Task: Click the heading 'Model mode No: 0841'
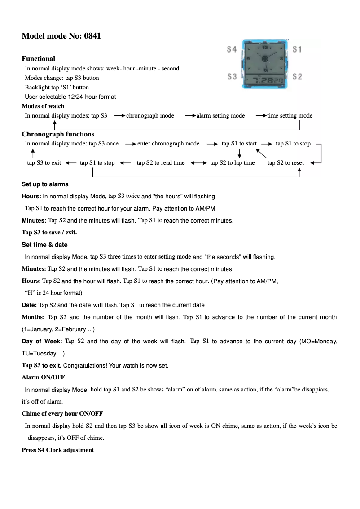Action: point(61,36)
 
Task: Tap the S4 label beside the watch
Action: point(232,49)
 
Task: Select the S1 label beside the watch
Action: point(297,49)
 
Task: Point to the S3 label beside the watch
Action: point(232,77)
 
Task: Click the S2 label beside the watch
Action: point(297,77)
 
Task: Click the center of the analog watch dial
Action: point(264,57)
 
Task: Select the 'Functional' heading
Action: point(39,58)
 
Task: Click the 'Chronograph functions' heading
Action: point(58,134)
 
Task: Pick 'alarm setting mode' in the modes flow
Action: point(220,116)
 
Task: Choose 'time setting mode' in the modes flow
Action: point(290,116)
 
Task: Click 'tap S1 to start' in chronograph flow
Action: point(239,144)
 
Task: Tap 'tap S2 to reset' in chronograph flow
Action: point(285,163)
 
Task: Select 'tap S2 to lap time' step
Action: point(232,163)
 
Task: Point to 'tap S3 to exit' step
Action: point(44,163)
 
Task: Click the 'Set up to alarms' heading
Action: point(45,184)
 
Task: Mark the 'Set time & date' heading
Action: point(44,245)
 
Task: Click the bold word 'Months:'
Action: point(33,317)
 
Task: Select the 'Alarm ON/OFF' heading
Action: point(43,377)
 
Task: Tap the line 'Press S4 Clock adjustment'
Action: point(58,450)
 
